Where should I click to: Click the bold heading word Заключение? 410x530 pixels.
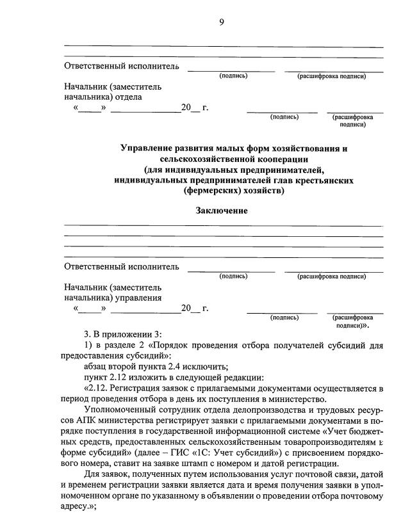[222, 211]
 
